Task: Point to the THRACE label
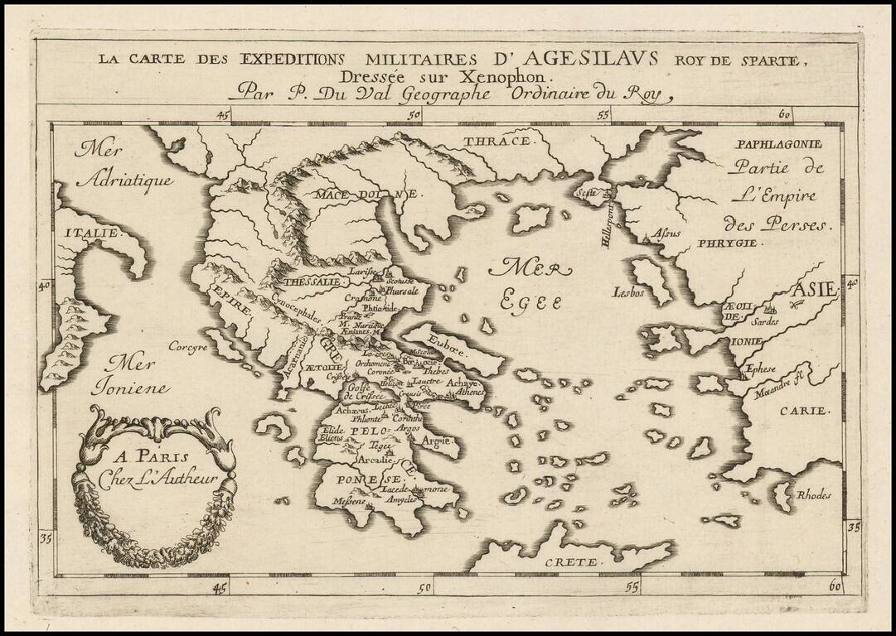click(496, 142)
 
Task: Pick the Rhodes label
click(813, 495)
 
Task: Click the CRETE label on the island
click(571, 562)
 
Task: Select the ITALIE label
click(90, 234)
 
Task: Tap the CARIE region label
click(803, 411)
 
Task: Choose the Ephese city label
click(761, 370)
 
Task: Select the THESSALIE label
click(312, 282)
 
